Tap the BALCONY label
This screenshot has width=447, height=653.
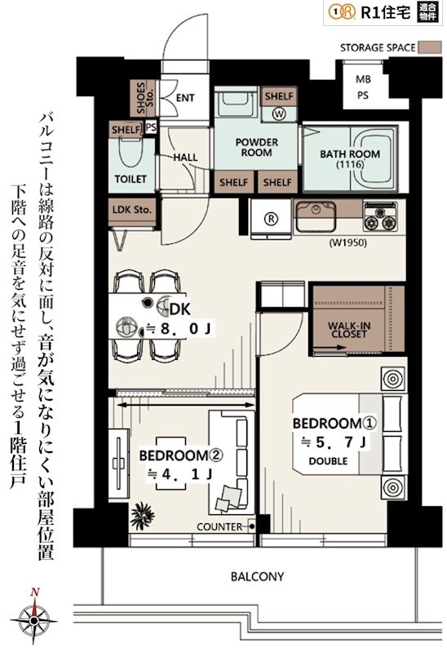click(257, 576)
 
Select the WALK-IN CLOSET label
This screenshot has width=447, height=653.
click(349, 330)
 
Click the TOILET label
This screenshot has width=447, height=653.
click(130, 179)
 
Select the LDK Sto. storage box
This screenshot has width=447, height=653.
click(132, 209)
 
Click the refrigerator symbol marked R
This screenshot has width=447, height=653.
click(271, 218)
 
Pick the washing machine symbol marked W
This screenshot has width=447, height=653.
click(279, 113)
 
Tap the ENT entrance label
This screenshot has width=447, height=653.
click(185, 98)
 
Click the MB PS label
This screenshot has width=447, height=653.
click(361, 87)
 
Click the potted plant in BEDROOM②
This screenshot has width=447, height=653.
click(142, 513)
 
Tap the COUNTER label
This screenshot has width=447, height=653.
click(219, 526)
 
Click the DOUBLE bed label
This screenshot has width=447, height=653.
click(328, 461)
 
